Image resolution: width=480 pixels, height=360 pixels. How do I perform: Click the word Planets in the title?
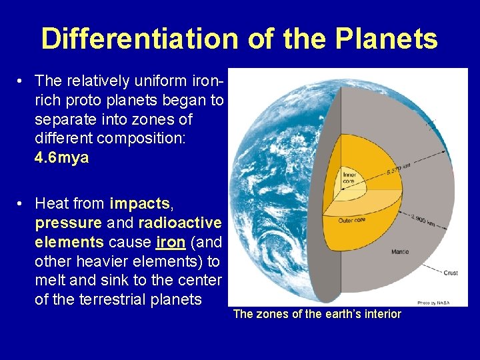coord(387,39)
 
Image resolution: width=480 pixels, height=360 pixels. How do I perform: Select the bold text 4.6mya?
coord(61,158)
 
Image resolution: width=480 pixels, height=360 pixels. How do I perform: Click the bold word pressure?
coord(68,221)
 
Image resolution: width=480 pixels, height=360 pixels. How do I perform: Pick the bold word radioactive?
coord(179,221)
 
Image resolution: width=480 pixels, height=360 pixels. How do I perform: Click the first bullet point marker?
coord(22,81)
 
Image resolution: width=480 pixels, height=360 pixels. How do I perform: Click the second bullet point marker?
coord(22,203)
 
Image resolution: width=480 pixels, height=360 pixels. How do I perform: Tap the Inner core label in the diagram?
coord(349,177)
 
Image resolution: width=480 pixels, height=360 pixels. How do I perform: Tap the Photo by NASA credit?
coord(433,302)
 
